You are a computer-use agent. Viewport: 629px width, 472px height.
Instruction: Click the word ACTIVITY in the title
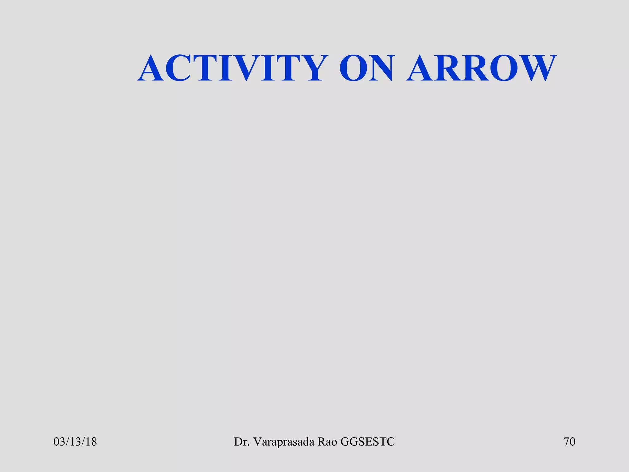(x=233, y=68)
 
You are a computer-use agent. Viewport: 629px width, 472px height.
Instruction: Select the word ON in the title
(x=366, y=68)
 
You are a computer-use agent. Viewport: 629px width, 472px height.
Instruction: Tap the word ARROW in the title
(x=481, y=68)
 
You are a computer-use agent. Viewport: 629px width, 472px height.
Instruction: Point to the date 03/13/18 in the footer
(x=75, y=442)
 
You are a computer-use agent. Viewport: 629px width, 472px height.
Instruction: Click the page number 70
(x=569, y=442)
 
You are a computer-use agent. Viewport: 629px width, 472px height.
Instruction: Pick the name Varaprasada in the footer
(x=284, y=442)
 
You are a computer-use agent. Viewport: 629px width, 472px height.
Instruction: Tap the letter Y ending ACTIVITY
(x=310, y=68)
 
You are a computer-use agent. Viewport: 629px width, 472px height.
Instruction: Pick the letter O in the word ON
(x=353, y=68)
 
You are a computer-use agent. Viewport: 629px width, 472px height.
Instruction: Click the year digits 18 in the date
(x=91, y=442)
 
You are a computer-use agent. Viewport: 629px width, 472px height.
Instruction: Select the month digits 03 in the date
(x=59, y=442)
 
